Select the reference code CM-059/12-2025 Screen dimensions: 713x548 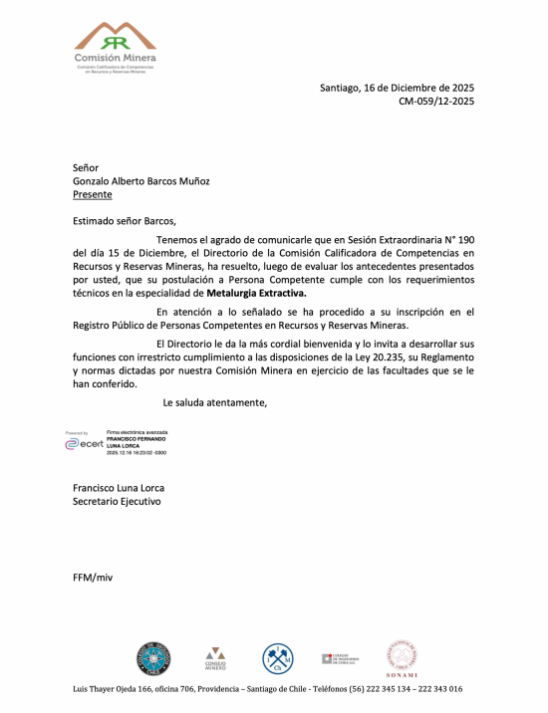tap(436, 101)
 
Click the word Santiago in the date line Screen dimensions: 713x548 tap(341, 88)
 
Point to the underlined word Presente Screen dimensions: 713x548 tap(93, 194)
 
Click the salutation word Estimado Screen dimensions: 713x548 tap(95, 221)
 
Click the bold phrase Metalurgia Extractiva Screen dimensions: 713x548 tap(257, 294)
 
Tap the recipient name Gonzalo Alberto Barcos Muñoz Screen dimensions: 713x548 tap(141, 181)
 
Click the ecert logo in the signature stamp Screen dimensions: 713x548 tap(84, 444)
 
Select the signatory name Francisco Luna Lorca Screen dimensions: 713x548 tap(119, 488)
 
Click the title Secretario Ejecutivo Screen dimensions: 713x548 tap(117, 502)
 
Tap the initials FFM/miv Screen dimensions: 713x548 tap(94, 578)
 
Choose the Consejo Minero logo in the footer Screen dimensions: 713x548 tap(215, 656)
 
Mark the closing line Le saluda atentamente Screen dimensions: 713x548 tap(214, 402)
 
